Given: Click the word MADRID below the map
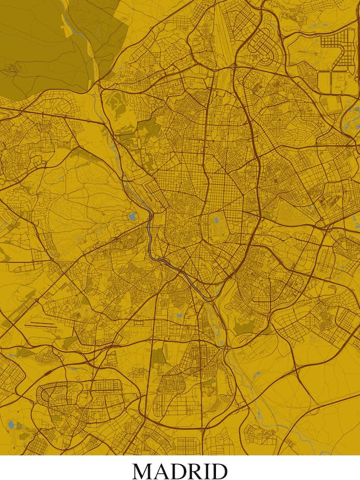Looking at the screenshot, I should pos(180,471).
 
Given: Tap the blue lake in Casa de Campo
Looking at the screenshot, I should pos(133,216).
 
